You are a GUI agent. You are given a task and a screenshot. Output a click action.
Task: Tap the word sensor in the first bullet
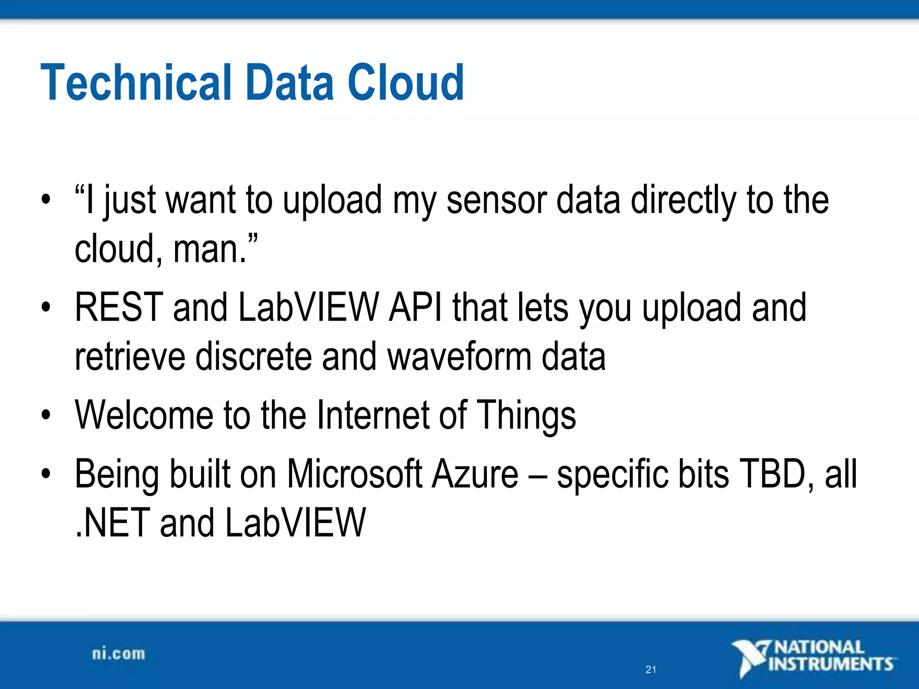click(x=496, y=201)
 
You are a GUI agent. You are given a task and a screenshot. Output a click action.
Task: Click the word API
click(x=416, y=308)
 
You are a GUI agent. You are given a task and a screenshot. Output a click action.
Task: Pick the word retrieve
click(x=130, y=357)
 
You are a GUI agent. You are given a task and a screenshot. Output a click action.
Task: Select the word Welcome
click(x=144, y=415)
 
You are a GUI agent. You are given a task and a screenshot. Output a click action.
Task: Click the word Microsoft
click(x=354, y=474)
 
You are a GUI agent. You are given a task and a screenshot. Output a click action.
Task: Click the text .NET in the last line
click(x=112, y=523)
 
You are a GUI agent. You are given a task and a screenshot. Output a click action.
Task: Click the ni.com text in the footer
click(x=118, y=654)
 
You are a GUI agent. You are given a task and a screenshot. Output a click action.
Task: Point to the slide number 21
click(x=651, y=670)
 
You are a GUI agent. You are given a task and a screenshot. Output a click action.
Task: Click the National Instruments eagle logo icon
click(x=749, y=658)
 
